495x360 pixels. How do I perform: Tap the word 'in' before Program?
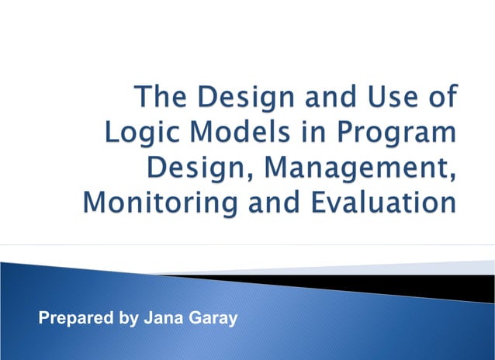click(x=295, y=134)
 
